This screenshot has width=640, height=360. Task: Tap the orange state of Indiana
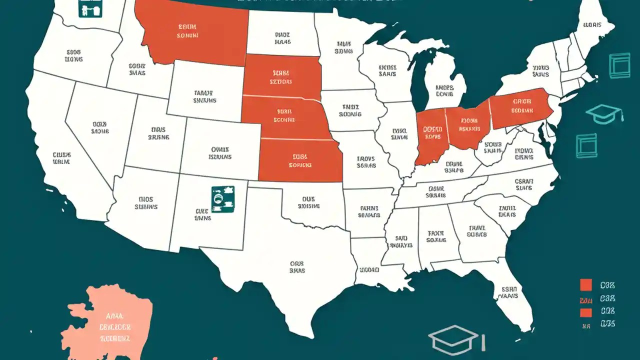click(x=429, y=137)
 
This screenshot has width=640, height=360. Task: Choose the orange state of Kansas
click(x=300, y=160)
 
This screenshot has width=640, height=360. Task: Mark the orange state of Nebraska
click(x=285, y=117)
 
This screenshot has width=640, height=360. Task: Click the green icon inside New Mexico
click(x=222, y=198)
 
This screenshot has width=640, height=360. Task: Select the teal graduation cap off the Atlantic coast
click(x=604, y=114)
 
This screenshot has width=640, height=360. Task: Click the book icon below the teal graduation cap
click(x=586, y=145)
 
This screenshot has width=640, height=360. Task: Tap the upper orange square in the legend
click(x=586, y=285)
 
